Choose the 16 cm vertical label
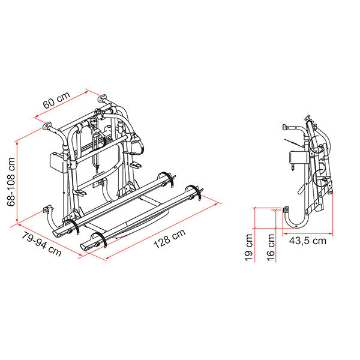(x=272, y=246)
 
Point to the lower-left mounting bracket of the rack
(x=46, y=210)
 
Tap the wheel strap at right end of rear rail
(x=169, y=178)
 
